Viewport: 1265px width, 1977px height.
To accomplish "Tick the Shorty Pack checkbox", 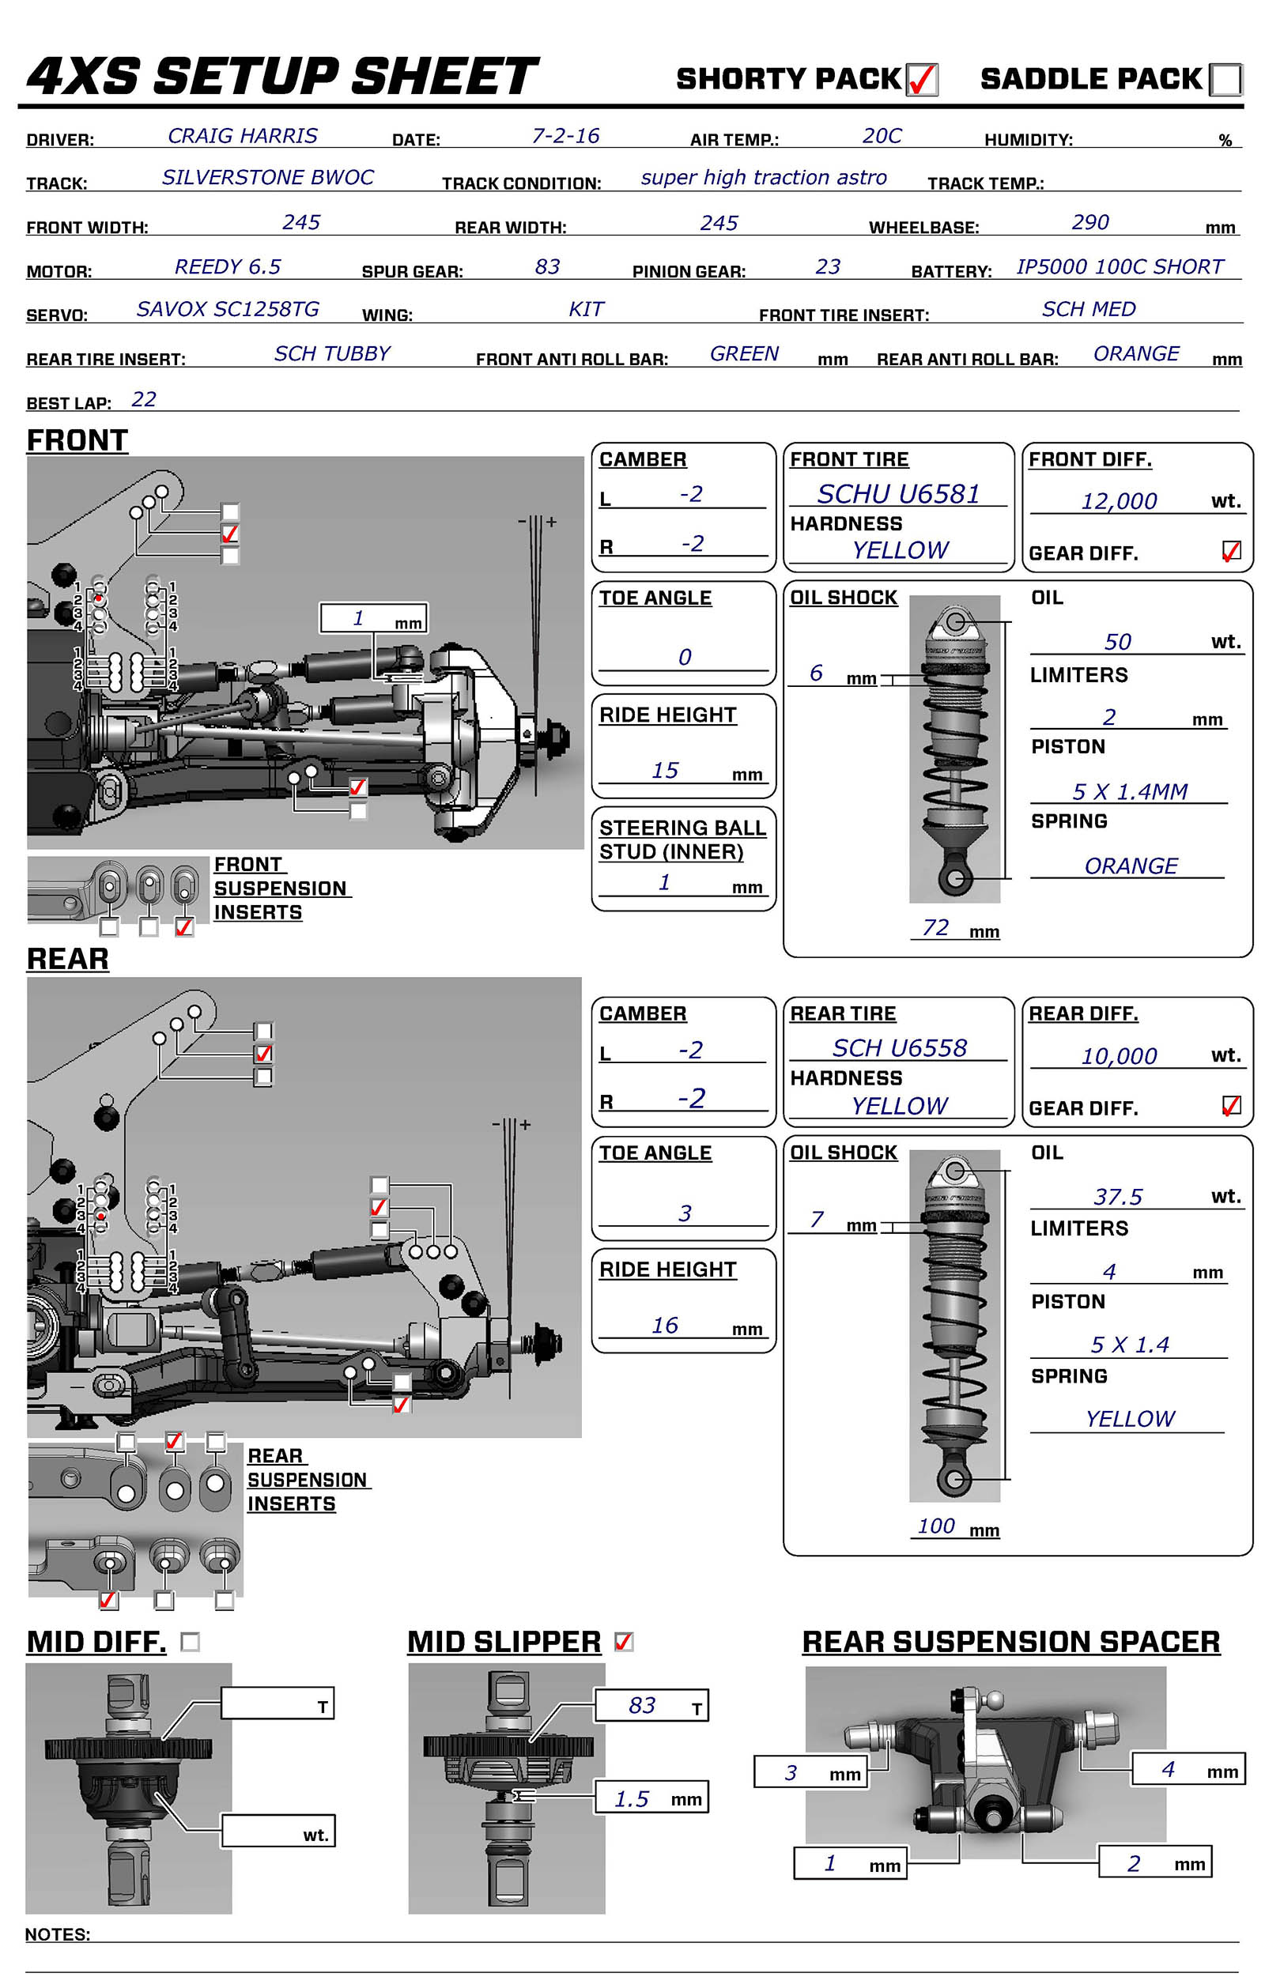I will coord(922,81).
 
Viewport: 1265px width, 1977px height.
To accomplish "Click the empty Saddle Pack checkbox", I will coord(1225,81).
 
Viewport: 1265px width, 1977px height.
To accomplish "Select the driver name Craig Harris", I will coord(242,136).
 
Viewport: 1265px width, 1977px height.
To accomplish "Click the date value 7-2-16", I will coord(565,136).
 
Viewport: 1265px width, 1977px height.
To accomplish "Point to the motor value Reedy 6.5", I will coord(228,267).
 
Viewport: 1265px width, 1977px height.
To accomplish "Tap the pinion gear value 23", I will coord(827,267).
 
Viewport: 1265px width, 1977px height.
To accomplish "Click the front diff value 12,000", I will coord(1119,501).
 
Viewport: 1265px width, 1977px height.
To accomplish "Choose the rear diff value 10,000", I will coord(1119,1056).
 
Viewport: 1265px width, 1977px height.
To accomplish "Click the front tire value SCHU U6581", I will coord(898,493).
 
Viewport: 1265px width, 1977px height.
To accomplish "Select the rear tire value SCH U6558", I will coord(899,1048).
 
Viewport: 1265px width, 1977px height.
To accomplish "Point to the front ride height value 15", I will coord(665,771).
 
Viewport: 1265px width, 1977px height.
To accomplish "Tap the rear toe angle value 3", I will coord(684,1213).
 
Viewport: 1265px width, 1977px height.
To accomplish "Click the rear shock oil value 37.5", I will coord(1117,1197).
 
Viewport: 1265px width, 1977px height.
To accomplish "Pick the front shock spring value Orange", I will coord(1131,866).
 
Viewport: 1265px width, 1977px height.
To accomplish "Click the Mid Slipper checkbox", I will coord(624,1642).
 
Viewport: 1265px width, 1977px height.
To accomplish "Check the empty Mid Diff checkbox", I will coord(190,1642).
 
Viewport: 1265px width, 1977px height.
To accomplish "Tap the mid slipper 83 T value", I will coord(641,1705).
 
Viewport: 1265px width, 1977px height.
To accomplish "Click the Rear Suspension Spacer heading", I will coord(1010,1642).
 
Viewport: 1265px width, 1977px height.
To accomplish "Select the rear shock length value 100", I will coord(935,1526).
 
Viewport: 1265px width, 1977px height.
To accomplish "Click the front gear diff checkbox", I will coord(1230,550).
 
